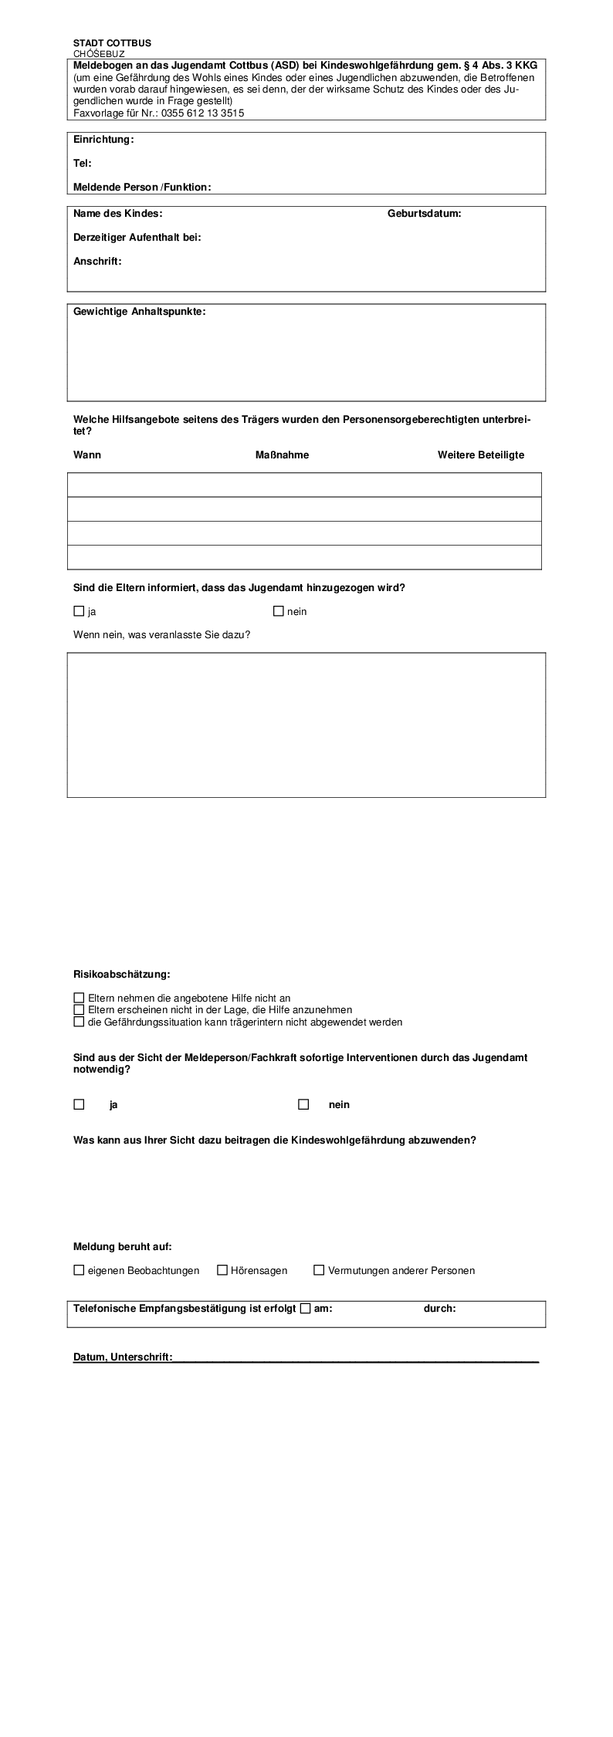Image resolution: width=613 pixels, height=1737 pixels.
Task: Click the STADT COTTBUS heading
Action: point(112,43)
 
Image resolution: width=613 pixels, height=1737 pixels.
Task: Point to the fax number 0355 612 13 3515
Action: point(202,113)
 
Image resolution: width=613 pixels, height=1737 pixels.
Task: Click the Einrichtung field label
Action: point(103,140)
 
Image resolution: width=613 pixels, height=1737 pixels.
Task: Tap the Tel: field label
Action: point(83,164)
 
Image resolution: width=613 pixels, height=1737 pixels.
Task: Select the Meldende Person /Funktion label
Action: point(142,188)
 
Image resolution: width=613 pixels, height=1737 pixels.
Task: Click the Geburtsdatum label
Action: point(424,214)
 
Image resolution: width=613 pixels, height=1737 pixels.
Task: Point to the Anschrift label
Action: point(97,262)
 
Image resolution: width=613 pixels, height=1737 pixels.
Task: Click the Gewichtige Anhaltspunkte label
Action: point(140,312)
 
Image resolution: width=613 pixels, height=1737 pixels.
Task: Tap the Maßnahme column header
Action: point(282,455)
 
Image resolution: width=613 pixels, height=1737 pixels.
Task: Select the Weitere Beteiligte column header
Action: point(480,455)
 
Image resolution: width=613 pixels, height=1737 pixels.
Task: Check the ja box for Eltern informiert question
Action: point(79,611)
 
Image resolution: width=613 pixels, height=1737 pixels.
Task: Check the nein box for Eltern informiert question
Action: point(279,611)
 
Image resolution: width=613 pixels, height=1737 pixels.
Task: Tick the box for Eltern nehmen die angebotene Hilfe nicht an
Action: point(79,998)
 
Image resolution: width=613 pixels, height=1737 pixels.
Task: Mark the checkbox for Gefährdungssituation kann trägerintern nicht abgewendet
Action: point(79,1022)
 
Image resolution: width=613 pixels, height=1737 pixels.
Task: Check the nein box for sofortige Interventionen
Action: point(303,1104)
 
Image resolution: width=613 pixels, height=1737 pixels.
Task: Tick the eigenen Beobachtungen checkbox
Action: point(79,1270)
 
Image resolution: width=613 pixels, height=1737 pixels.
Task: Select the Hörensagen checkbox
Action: point(222,1270)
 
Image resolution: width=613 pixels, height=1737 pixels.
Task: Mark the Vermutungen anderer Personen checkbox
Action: point(319,1270)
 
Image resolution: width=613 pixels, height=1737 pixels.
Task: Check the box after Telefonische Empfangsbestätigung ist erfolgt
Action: point(305,1308)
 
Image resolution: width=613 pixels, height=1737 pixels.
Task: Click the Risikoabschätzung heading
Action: point(121,974)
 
